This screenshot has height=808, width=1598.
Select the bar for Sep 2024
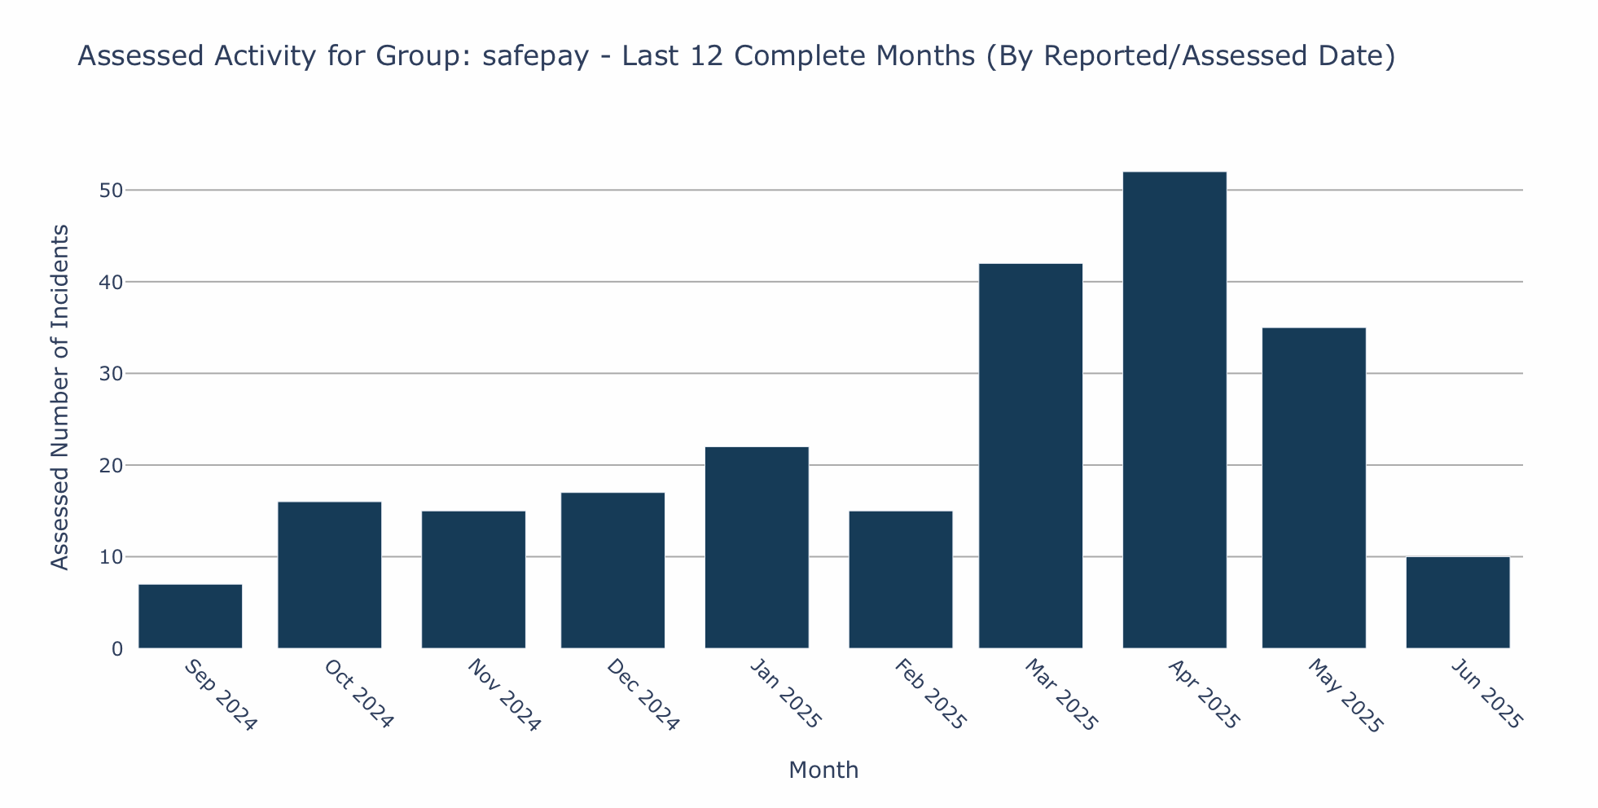point(190,617)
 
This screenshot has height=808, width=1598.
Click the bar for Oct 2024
point(329,575)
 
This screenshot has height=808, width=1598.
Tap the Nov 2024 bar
point(473,580)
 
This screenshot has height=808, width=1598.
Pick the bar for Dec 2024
point(612,570)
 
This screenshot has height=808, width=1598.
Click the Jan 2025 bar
point(757,547)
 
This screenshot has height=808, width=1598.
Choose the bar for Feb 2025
point(900,580)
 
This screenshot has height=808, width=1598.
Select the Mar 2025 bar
point(1030,456)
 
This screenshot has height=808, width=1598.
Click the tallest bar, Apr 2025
point(1174,411)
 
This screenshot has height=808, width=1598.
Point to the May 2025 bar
point(1313,488)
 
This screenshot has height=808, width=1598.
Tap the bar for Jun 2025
point(1457,603)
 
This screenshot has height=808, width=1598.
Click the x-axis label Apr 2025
point(1202,695)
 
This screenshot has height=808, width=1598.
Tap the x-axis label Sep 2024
point(220,695)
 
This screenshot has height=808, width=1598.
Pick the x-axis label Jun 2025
point(1486,695)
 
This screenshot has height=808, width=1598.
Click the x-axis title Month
point(823,771)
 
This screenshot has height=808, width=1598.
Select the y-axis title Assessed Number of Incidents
point(59,397)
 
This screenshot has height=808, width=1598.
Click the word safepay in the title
point(535,57)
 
